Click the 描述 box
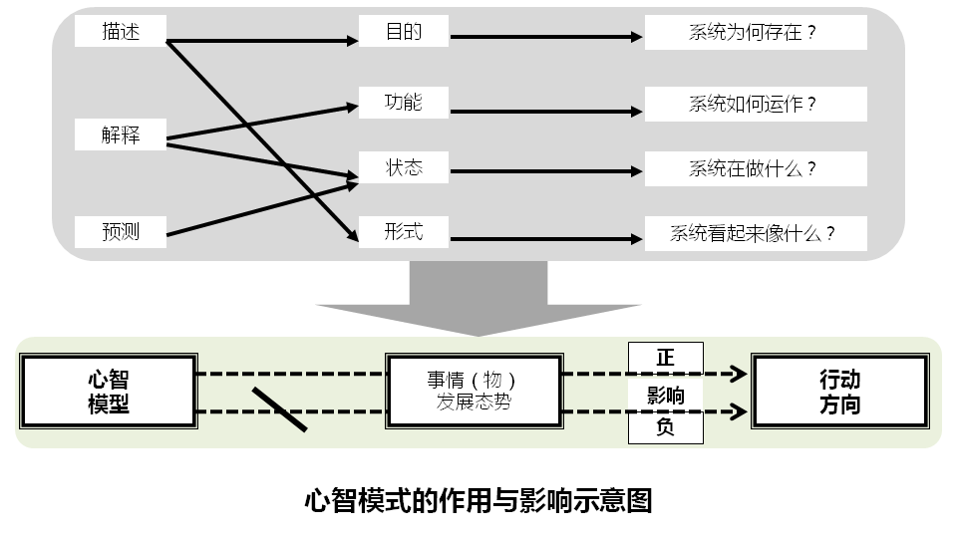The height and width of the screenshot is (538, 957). (121, 32)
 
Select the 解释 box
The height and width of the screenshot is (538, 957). (121, 134)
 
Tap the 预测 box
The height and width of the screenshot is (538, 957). (121, 233)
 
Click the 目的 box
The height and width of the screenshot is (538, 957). (404, 32)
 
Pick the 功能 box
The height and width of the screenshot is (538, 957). (404, 102)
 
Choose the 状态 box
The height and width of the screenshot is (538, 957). (404, 167)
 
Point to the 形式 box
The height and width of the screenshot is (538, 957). (404, 232)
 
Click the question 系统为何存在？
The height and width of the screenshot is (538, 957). (755, 33)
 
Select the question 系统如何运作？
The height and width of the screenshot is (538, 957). (755, 104)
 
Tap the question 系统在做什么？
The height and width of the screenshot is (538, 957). (755, 168)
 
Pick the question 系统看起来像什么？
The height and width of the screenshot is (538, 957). (755, 234)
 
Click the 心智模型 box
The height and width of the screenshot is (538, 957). (109, 393)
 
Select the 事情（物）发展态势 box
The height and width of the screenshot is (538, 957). (474, 393)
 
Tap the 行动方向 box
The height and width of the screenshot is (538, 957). (839, 393)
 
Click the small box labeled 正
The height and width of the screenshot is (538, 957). (665, 357)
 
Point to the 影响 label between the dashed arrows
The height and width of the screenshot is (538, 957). (665, 395)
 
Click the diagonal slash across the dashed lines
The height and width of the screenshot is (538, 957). (279, 408)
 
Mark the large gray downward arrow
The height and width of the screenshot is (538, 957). (478, 294)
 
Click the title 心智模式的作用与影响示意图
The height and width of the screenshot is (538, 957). (478, 499)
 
